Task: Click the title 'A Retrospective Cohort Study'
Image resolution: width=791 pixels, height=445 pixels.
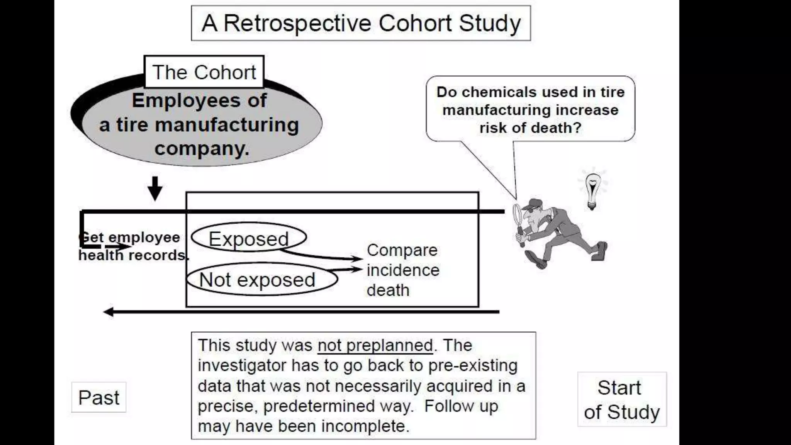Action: coord(361,23)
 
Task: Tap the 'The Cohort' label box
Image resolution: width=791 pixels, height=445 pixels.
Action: coord(204,72)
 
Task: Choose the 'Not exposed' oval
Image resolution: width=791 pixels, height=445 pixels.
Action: coord(257,279)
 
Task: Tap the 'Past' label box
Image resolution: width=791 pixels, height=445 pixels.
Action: coord(99,397)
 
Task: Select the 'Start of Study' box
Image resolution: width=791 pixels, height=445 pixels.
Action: coord(622,399)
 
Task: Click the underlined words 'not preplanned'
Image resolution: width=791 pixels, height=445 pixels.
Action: coord(375,345)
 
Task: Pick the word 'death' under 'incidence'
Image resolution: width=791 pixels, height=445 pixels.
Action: coord(388,290)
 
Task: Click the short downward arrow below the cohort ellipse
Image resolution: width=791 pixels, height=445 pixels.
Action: coord(155,189)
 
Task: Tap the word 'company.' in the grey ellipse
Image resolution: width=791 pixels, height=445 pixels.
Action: coord(202,148)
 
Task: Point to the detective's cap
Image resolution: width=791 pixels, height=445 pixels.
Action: coord(536,203)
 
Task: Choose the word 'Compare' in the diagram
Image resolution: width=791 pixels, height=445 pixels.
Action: coord(402,250)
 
